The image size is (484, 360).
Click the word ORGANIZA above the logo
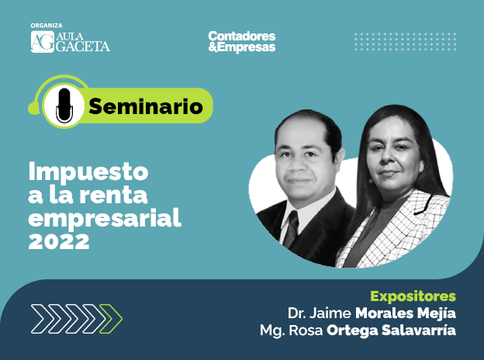tap(47, 26)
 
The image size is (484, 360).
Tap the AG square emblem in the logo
tap(43, 42)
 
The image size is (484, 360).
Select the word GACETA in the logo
tap(83, 47)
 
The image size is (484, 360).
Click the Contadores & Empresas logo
tap(242, 41)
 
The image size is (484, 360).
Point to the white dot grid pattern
tap(405, 42)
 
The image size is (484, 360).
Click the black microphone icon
tap(64, 106)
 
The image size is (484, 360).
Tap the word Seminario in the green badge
tap(146, 106)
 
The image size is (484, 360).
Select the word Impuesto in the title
tap(88, 172)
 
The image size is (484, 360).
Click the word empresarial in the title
tap(105, 219)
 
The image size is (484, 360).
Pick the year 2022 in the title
tap(59, 241)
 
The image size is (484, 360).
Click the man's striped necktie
tap(291, 229)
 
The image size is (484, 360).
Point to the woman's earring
tap(371, 181)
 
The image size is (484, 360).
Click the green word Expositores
tap(413, 296)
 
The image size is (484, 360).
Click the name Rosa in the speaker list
tap(306, 330)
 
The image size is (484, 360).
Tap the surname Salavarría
tap(419, 330)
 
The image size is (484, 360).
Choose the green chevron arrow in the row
tap(111, 319)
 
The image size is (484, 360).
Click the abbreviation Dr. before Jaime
tap(296, 313)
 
